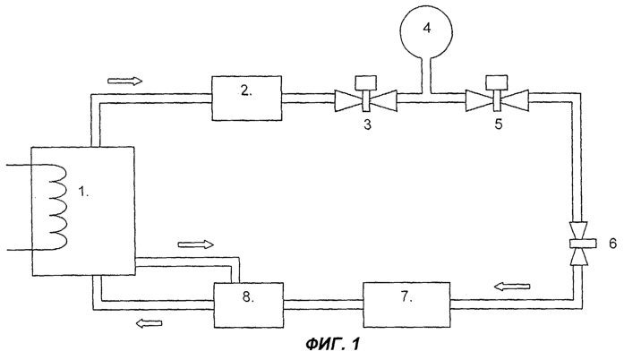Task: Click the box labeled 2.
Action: point(247,98)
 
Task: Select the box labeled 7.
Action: point(406,304)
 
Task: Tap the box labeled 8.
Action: point(249,305)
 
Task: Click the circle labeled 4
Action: point(426,30)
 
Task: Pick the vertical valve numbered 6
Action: point(577,243)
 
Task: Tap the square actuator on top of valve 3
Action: point(366,82)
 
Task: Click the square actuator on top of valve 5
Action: point(497,82)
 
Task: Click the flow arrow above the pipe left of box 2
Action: point(125,81)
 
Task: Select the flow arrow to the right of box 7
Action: point(512,286)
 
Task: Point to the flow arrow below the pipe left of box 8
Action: point(150,323)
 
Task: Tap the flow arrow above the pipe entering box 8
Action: point(196,244)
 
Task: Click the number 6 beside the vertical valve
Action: point(613,243)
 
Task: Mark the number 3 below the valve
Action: point(367,124)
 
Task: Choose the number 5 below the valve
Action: point(499,124)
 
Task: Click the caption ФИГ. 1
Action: point(333,344)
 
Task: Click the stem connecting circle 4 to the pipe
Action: point(427,75)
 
